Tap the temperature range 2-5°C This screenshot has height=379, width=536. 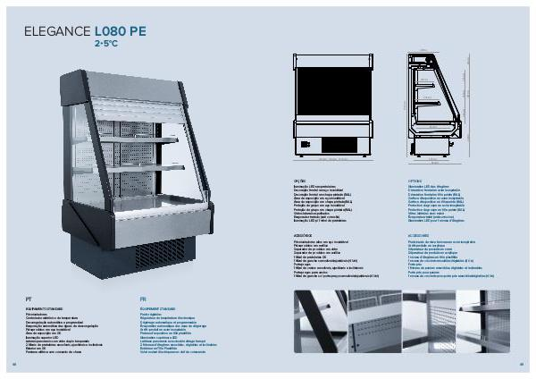[105, 42]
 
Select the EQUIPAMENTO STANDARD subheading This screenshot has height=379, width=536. [43, 305]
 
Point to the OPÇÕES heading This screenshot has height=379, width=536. [299, 179]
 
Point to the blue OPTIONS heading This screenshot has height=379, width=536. [401, 179]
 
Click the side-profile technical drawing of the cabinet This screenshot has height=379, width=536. [438, 103]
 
